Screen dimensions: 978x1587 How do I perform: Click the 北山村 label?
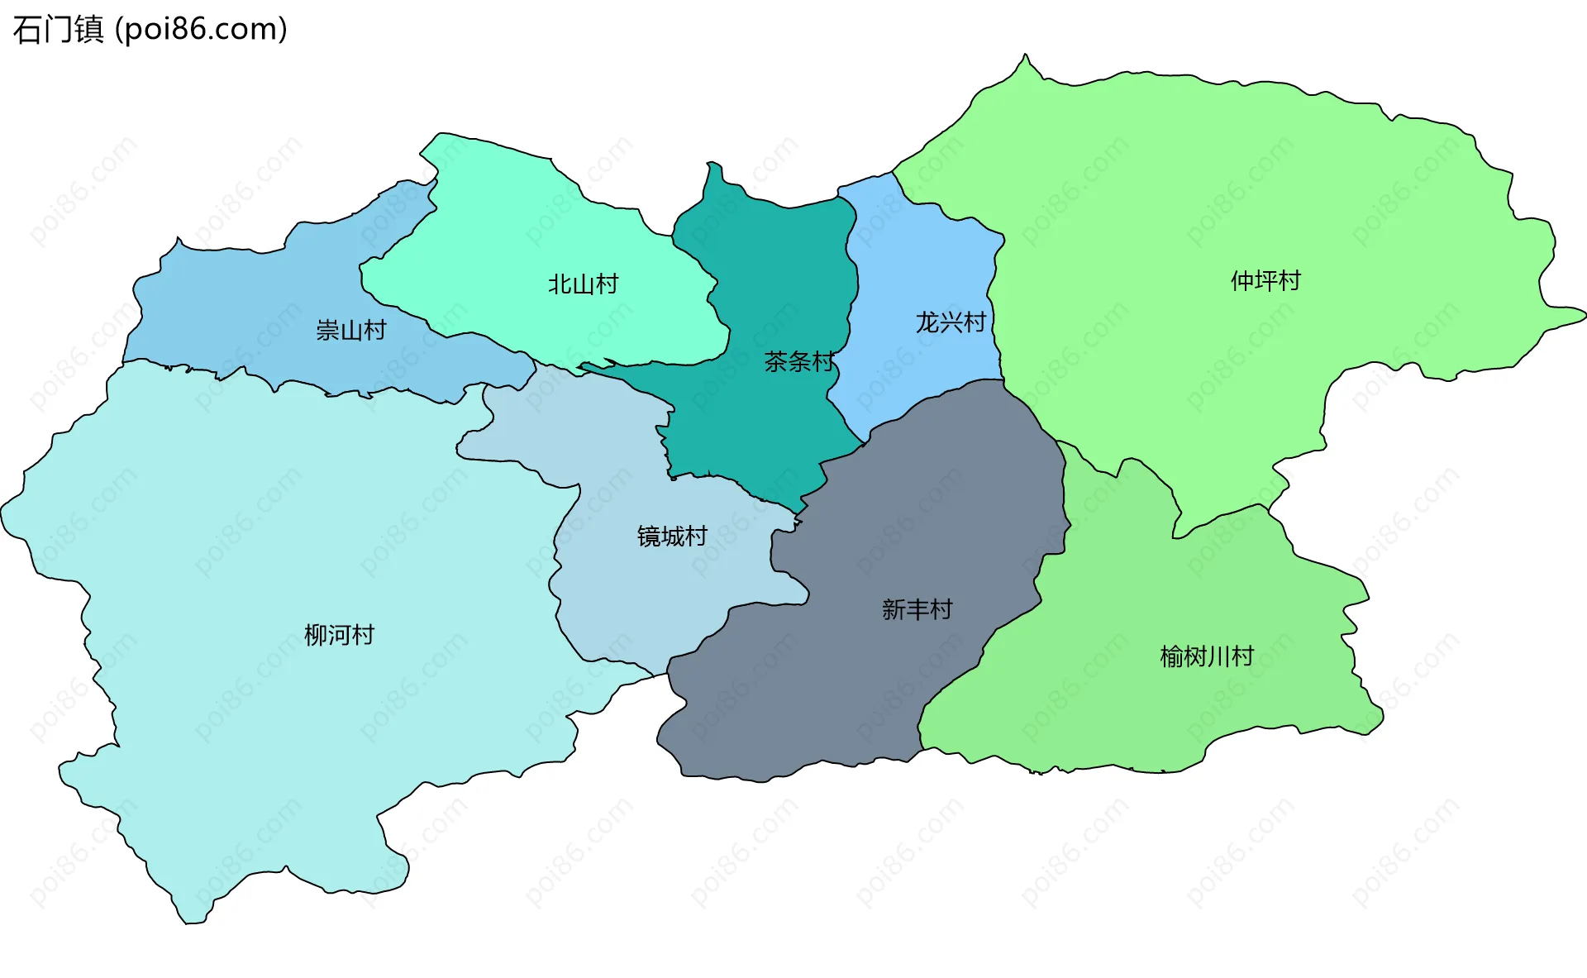[x=583, y=284]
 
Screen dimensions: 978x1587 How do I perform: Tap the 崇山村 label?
[x=351, y=331]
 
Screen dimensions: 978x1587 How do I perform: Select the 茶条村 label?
[x=799, y=361]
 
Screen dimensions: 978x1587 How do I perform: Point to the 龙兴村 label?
[x=951, y=322]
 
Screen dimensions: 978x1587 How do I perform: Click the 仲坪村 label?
[x=1265, y=281]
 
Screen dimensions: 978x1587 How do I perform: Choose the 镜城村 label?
[x=672, y=537]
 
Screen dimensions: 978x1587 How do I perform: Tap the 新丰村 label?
[x=917, y=609]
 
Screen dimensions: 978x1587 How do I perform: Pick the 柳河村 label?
[x=339, y=635]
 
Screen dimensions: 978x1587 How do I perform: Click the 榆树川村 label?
[x=1207, y=656]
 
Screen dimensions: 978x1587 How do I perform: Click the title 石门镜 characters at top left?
[x=58, y=30]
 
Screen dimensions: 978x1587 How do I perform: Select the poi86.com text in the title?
[x=201, y=30]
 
